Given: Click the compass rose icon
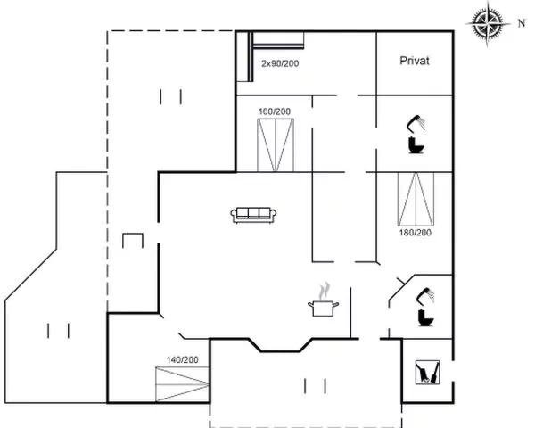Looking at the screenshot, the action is pyautogui.click(x=488, y=23).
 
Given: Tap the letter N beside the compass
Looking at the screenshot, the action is pyautogui.click(x=522, y=23).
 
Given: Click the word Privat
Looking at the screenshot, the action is pyautogui.click(x=415, y=61).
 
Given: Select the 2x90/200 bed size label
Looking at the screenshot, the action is pyautogui.click(x=280, y=63).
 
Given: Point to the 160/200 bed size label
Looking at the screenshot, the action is pyautogui.click(x=275, y=111).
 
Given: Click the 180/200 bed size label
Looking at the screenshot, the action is pyautogui.click(x=416, y=233).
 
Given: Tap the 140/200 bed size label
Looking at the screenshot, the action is pyautogui.click(x=182, y=359).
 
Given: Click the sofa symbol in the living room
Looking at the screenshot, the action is pyautogui.click(x=253, y=215).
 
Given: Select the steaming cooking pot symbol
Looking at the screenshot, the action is pyautogui.click(x=323, y=300).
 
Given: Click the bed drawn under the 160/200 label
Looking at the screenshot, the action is pyautogui.click(x=276, y=144).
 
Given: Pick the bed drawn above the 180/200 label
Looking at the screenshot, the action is pyautogui.click(x=416, y=199).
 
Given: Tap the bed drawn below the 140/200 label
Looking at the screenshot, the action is pyautogui.click(x=182, y=384).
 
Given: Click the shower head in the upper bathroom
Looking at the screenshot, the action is pyautogui.click(x=416, y=123).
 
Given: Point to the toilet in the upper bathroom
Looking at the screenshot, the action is pyautogui.click(x=416, y=144).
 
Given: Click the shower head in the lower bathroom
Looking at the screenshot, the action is pyautogui.click(x=425, y=295).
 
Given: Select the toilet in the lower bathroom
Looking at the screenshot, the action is pyautogui.click(x=426, y=317).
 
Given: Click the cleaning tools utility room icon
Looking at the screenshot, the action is pyautogui.click(x=427, y=373).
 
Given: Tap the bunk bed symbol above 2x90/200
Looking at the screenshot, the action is pyautogui.click(x=270, y=56).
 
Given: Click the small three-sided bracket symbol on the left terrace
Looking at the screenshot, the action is pyautogui.click(x=133, y=240).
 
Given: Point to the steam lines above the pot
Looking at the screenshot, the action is pyautogui.click(x=325, y=291).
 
